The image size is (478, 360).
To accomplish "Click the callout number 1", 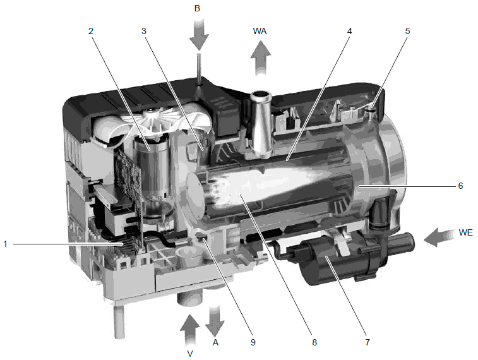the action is [5, 244].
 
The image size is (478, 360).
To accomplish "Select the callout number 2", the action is [90, 31].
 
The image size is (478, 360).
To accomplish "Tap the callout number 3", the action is [144, 31].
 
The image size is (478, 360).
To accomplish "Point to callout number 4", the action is [349, 31].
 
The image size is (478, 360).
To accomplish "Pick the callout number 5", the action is [407, 31].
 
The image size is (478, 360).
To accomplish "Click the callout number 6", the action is [460, 186].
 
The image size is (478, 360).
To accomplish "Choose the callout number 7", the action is [367, 342].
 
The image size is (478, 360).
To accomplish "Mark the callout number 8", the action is [314, 342].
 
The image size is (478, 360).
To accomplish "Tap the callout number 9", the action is [253, 342].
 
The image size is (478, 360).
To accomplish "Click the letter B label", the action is [197, 9].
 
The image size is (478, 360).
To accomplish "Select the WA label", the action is [260, 31].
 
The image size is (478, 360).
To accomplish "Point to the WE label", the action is [465, 232].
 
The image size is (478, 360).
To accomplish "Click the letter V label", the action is [190, 354].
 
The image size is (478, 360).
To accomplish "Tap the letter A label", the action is [215, 342].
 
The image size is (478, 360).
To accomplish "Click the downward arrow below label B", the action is [199, 33].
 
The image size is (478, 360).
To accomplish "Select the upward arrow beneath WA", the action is [261, 58].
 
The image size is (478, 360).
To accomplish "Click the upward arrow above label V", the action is [189, 330].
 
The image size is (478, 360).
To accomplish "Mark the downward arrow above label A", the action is [215, 320].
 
